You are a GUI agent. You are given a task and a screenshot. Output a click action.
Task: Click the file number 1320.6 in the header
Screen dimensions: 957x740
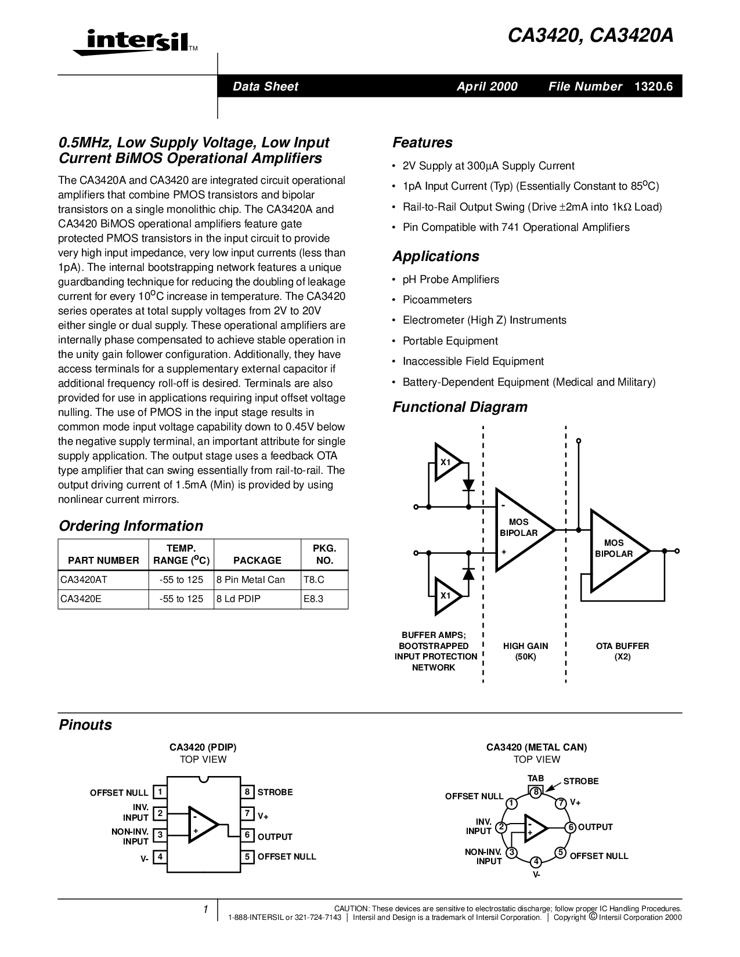point(654,86)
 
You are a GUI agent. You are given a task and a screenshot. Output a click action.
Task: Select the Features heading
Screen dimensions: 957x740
point(422,143)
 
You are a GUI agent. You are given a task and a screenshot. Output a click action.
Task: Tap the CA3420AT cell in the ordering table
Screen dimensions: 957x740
point(82,579)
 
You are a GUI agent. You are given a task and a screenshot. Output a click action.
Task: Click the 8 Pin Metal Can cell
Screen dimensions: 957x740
point(250,579)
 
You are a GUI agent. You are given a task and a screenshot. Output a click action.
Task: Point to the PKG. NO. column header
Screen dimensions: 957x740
point(324,554)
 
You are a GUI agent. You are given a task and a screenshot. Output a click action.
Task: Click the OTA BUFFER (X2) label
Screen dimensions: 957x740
point(622,651)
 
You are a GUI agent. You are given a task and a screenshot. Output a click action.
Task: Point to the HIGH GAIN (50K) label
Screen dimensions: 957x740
point(525,651)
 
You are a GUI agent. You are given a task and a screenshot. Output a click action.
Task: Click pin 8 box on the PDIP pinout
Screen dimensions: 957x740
point(247,792)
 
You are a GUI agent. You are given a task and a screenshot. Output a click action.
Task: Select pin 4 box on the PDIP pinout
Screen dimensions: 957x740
point(160,857)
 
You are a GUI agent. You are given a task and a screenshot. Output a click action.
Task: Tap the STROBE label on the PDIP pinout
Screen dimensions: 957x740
point(275,792)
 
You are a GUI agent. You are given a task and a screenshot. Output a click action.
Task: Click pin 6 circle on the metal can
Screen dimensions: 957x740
point(571,828)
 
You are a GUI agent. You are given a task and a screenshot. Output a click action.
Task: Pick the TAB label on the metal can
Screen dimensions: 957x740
point(536,778)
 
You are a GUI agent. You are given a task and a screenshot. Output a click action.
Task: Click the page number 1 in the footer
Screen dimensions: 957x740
point(205,910)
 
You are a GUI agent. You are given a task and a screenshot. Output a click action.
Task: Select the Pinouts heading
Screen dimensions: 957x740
point(85,725)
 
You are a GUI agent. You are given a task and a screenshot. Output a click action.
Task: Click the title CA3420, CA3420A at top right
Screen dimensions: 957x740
point(591,36)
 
